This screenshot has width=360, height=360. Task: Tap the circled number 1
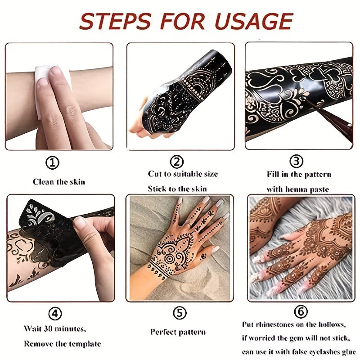(53, 162)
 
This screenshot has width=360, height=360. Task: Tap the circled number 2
(176, 162)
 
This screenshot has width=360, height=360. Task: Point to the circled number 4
(54, 314)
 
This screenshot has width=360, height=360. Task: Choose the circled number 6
(301, 311)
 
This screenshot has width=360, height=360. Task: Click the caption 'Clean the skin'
(59, 182)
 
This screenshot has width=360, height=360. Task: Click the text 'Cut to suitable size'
(183, 174)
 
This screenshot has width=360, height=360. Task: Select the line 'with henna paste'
(298, 189)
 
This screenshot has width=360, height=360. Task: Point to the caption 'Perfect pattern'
(178, 332)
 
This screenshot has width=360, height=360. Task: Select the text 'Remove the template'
(62, 344)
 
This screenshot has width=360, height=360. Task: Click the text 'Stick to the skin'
(177, 189)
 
